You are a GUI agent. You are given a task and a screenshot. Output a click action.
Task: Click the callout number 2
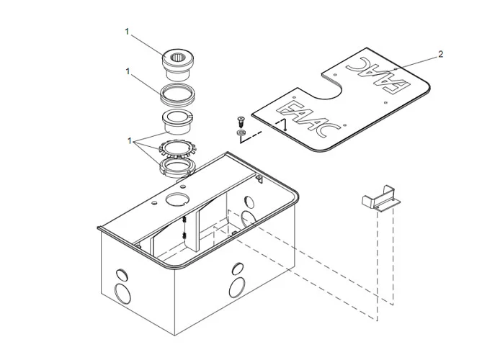pos(440,54)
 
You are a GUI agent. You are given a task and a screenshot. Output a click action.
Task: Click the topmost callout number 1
pos(128,32)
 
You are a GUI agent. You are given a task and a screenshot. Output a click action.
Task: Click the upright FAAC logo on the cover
pos(308,115)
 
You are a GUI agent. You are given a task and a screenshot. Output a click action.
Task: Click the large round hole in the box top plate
pos(176,199)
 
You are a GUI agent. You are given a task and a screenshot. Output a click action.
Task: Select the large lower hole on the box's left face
pos(122,294)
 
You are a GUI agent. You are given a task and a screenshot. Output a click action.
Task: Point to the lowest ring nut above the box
pos(177,169)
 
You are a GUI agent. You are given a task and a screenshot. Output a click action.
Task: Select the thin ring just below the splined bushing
pos(177,93)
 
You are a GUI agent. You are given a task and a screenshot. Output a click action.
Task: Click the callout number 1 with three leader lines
pos(130,141)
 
